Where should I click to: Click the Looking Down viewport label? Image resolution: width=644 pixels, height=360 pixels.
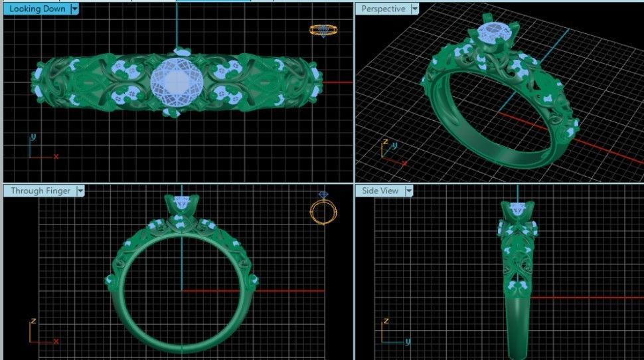point(37,9)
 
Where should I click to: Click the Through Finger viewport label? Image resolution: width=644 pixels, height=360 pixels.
point(40,191)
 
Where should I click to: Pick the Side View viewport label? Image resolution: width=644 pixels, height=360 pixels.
point(380,191)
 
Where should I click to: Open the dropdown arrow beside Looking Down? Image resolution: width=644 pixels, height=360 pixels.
point(74,9)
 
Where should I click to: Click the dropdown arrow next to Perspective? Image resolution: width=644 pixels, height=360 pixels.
point(415,9)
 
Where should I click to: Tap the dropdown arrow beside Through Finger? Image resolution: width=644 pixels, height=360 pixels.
point(80,191)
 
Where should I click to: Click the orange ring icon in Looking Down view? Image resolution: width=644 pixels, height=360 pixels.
point(322,30)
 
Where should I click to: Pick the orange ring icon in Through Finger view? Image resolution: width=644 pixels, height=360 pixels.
point(321,210)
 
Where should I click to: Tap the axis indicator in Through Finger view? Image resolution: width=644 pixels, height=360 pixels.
point(41,331)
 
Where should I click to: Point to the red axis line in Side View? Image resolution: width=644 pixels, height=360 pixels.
point(584,298)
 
